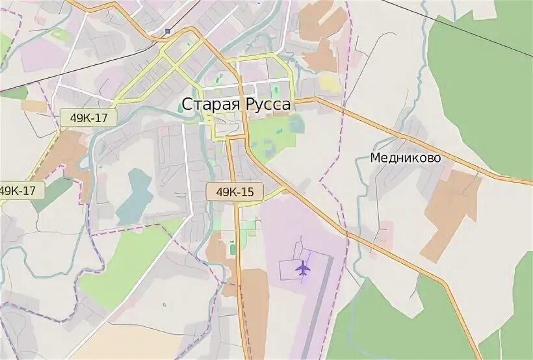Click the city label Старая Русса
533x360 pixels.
(x=236, y=104)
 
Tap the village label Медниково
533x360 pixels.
(x=406, y=158)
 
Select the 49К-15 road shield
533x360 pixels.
(x=235, y=192)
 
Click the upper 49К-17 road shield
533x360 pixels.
(x=88, y=118)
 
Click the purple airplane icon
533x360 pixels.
(x=302, y=267)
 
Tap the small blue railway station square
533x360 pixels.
(x=167, y=31)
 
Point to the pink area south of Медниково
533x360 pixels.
(x=385, y=233)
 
